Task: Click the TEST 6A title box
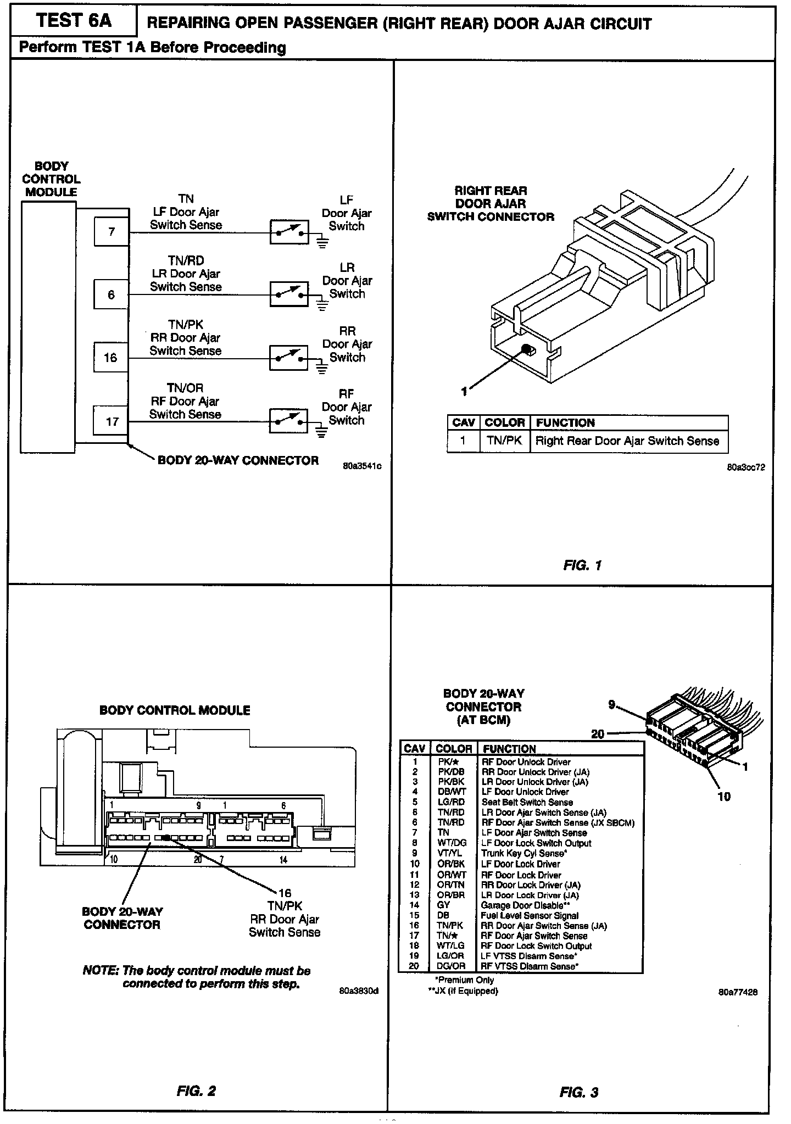pos(74,21)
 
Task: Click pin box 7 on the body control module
pos(112,231)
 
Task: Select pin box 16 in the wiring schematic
pos(110,358)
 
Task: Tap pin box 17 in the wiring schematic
pos(112,421)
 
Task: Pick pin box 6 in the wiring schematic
pos(111,295)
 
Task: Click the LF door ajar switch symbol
pos(289,232)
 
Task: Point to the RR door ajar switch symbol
pos(289,358)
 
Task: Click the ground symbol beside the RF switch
pos(322,432)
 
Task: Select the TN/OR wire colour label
pos(185,388)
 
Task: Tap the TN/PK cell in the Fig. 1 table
pos(505,441)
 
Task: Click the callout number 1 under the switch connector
pos(465,391)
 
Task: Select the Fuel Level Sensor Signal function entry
pos(530,915)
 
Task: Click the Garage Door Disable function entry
pos(525,905)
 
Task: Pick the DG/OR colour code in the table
pos(452,966)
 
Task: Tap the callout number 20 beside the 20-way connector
pos(598,733)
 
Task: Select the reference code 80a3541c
pos(362,466)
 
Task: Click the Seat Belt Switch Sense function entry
pos(527,802)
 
